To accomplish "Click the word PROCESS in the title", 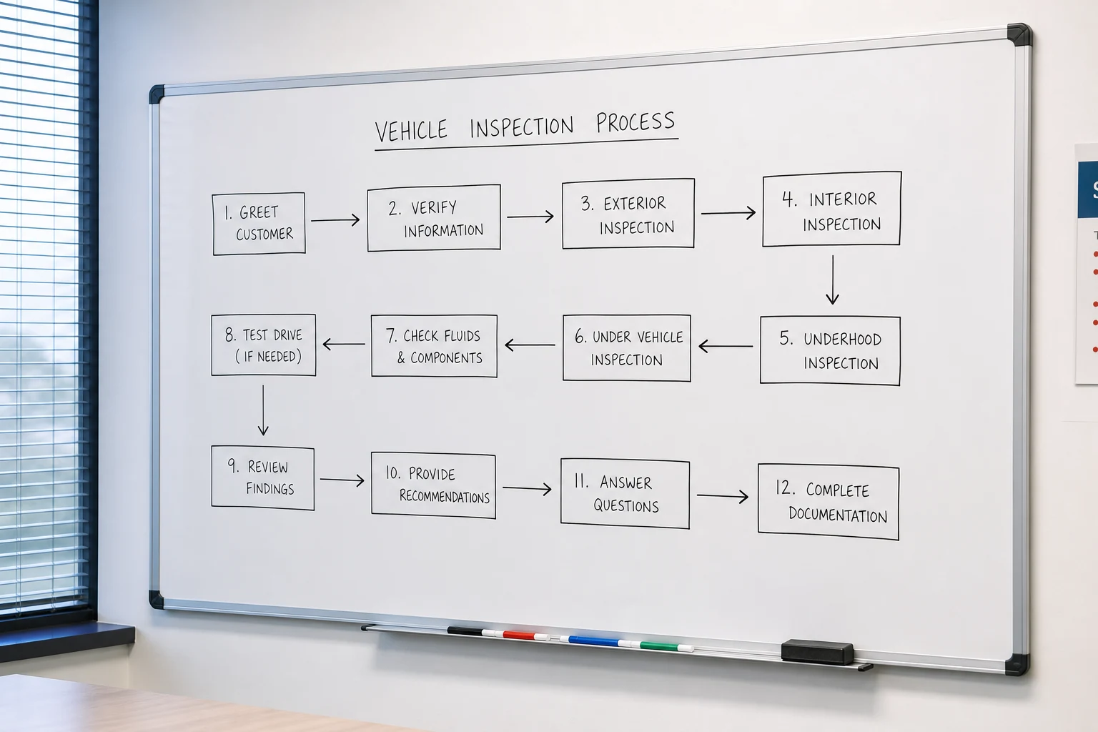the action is click(x=635, y=122).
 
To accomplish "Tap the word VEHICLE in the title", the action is click(x=411, y=130).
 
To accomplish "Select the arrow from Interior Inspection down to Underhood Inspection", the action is click(x=832, y=280).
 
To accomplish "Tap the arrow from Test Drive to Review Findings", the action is click(x=263, y=410).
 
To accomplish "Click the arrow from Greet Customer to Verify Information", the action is click(x=335, y=219).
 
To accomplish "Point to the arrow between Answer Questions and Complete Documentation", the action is click(x=723, y=496).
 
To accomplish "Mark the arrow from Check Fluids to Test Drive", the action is click(x=344, y=344).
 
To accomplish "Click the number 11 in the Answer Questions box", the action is click(x=581, y=481).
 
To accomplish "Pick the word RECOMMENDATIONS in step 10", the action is click(x=444, y=496).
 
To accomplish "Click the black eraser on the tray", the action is click(x=817, y=652).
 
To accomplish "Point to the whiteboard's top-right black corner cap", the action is click(x=1019, y=35).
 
